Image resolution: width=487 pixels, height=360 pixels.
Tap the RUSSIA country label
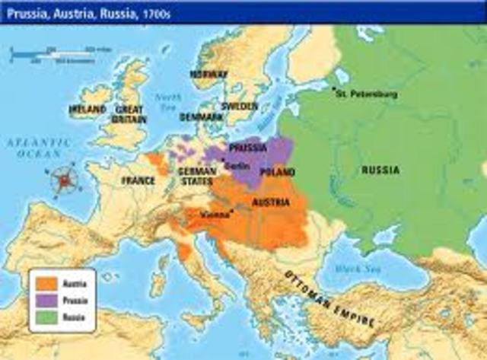pyautogui.click(x=380, y=170)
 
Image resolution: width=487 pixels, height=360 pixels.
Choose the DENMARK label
pyautogui.click(x=202, y=117)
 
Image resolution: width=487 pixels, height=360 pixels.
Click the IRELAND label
pyautogui.click(x=88, y=110)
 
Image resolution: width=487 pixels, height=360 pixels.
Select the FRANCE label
pyautogui.click(x=137, y=181)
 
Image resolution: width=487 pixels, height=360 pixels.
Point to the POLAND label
pyautogui.click(x=278, y=173)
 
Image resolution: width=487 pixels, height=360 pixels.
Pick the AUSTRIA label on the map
pyautogui.click(x=269, y=203)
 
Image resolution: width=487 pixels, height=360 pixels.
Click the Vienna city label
pyautogui.click(x=215, y=215)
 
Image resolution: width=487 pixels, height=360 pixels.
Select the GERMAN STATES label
pyautogui.click(x=197, y=177)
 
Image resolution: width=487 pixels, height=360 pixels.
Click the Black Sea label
pyautogui.click(x=352, y=267)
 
